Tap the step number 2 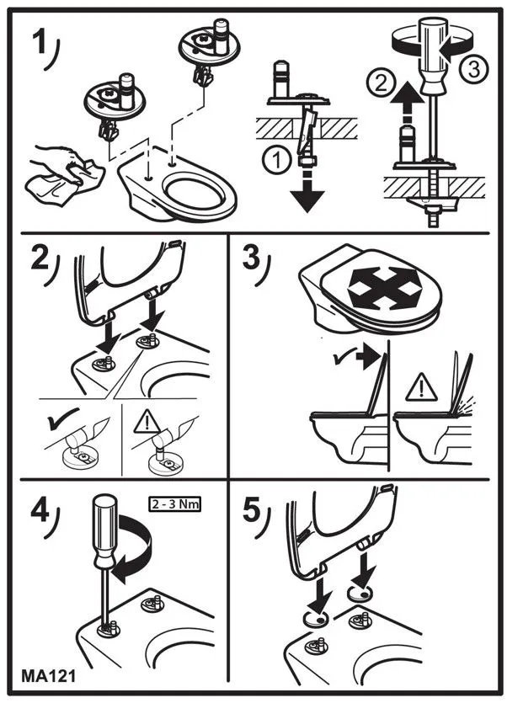click(40, 258)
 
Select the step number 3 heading click(251, 258)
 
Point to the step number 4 click(40, 510)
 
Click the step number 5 click(251, 510)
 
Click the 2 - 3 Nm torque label click(174, 504)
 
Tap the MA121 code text click(49, 676)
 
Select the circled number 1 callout click(277, 160)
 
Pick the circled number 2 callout click(381, 83)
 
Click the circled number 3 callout click(474, 70)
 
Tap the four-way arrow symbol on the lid click(385, 288)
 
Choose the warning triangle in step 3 click(421, 387)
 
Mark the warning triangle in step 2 click(147, 422)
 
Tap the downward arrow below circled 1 click(307, 189)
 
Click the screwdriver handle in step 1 click(434, 54)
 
